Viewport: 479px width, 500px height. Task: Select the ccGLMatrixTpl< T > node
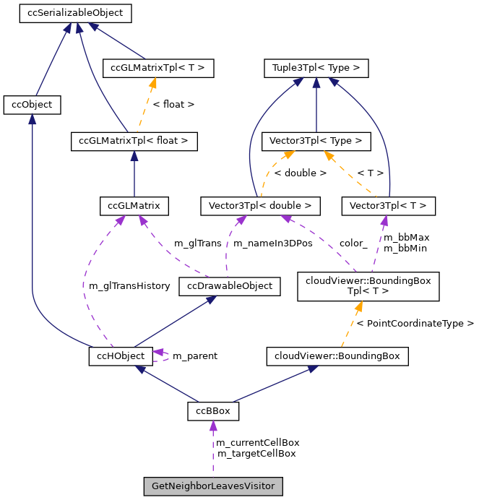coord(158,69)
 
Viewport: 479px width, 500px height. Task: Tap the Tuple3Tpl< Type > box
coord(316,69)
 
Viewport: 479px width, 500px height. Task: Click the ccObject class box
coord(32,105)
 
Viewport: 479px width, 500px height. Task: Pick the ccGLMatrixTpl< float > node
coord(134,141)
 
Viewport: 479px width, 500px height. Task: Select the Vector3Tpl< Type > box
coord(316,141)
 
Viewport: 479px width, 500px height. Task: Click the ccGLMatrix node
coord(134,206)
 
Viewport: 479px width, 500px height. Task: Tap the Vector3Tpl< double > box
coord(259,206)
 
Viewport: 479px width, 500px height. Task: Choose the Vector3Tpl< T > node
coord(388,206)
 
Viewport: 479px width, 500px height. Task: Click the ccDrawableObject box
coord(230,286)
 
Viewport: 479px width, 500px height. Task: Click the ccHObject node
coord(121,355)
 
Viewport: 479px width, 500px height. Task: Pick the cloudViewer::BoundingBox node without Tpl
coord(337,355)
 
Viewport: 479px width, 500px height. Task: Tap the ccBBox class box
coord(213,411)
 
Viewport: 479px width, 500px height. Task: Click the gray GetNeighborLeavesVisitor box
coord(213,486)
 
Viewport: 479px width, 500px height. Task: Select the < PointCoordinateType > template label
coord(415,323)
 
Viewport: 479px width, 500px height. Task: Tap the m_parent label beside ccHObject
coord(194,355)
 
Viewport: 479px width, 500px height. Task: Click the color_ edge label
coord(353,243)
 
